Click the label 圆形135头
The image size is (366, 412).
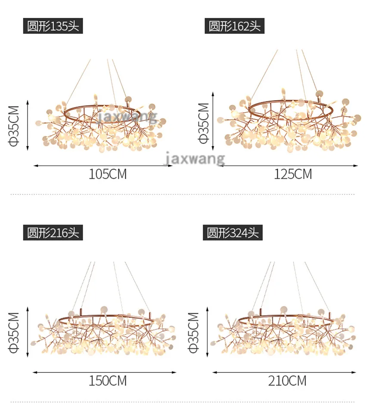tap(53, 26)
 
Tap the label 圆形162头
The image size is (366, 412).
tap(234, 26)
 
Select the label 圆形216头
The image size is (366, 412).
tap(53, 233)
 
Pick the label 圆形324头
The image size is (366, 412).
tap(233, 233)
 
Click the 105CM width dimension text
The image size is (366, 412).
tap(108, 174)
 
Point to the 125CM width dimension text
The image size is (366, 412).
tap(293, 174)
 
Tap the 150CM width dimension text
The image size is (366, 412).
tap(108, 381)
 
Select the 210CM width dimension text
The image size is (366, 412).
tap(287, 381)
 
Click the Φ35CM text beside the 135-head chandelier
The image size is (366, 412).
tap(14, 126)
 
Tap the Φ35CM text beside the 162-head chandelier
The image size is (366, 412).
tap(204, 123)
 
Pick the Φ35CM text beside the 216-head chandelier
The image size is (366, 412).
tap(14, 332)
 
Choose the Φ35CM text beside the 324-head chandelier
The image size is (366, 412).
tap(193, 332)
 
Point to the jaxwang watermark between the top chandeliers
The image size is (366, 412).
tap(195, 158)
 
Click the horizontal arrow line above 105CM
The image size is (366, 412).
tap(103, 166)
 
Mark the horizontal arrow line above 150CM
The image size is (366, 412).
tap(105, 372)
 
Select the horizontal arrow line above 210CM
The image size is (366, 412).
tap(284, 372)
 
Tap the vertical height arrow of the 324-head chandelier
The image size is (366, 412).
tap(208, 332)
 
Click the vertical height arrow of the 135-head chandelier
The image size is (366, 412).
tap(28, 125)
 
